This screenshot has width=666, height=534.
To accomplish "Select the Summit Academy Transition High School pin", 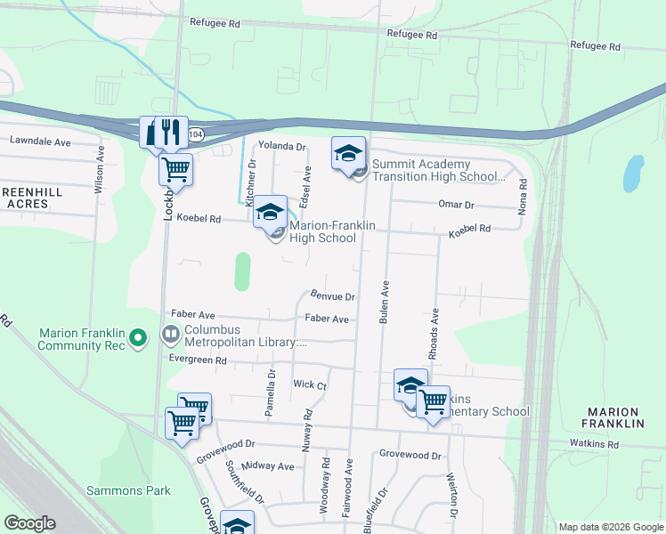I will [x=349, y=154].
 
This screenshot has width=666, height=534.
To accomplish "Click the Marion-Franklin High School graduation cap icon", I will [x=271, y=213].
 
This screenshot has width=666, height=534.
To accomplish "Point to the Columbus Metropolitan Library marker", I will [x=169, y=335].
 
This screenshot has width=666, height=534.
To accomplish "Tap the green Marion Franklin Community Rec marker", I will [x=137, y=338].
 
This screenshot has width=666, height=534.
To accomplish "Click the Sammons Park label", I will [x=128, y=490].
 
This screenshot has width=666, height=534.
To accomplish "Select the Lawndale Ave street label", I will [x=40, y=142].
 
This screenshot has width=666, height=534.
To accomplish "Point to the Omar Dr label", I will [x=456, y=204].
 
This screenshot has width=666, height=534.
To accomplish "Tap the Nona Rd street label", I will [x=524, y=196].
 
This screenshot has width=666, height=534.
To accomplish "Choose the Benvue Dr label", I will [x=333, y=295].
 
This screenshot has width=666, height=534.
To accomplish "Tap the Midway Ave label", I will [x=267, y=466].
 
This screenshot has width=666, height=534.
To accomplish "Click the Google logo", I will [x=30, y=523].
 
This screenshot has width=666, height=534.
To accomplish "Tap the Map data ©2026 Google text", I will [x=610, y=527].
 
